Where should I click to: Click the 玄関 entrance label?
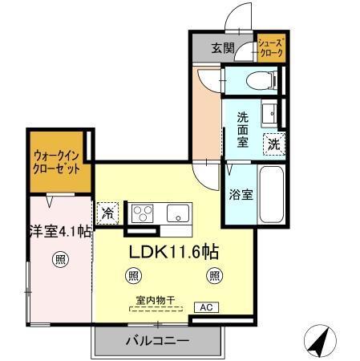[223, 48]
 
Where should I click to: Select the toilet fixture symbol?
[257, 79]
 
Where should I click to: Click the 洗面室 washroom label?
[241, 128]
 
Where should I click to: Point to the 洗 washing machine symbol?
[274, 145]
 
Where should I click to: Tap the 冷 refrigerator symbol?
[107, 213]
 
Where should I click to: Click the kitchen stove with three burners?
[142, 213]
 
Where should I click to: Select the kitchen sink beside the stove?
[177, 214]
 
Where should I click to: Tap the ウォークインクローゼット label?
[58, 161]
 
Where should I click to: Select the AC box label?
[205, 307]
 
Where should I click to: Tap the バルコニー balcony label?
[156, 341]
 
